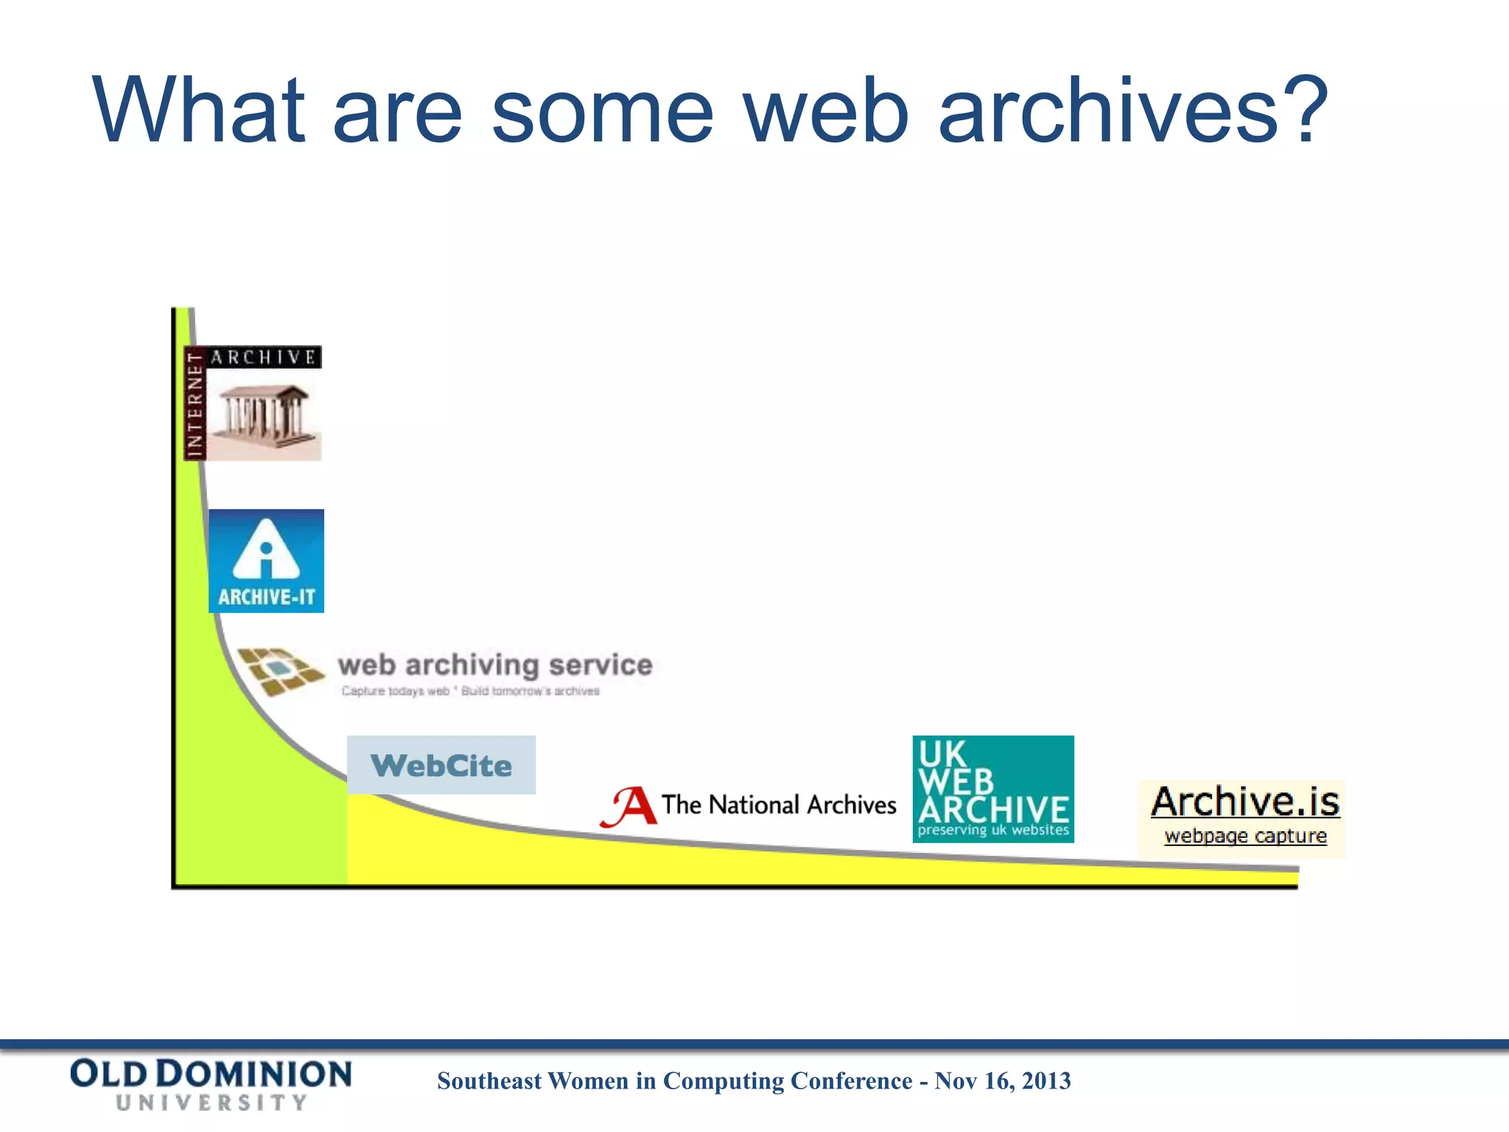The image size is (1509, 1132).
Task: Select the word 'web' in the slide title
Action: (x=826, y=111)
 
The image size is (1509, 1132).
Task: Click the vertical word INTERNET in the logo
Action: (x=195, y=404)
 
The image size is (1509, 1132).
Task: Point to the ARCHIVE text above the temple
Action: (x=264, y=357)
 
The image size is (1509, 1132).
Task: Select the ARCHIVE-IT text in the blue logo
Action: (x=266, y=597)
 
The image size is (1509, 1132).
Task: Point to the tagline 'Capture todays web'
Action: (x=396, y=691)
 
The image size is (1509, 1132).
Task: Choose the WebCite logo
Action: (x=441, y=766)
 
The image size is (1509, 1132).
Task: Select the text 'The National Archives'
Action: (x=778, y=805)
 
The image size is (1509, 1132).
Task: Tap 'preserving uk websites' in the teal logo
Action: (x=992, y=831)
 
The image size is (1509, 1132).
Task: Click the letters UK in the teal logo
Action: (x=942, y=754)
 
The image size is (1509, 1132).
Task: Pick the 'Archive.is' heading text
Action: (x=1245, y=802)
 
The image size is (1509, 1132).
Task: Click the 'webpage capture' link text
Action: (x=1245, y=836)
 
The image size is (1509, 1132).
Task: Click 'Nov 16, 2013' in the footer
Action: (x=1003, y=1081)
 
